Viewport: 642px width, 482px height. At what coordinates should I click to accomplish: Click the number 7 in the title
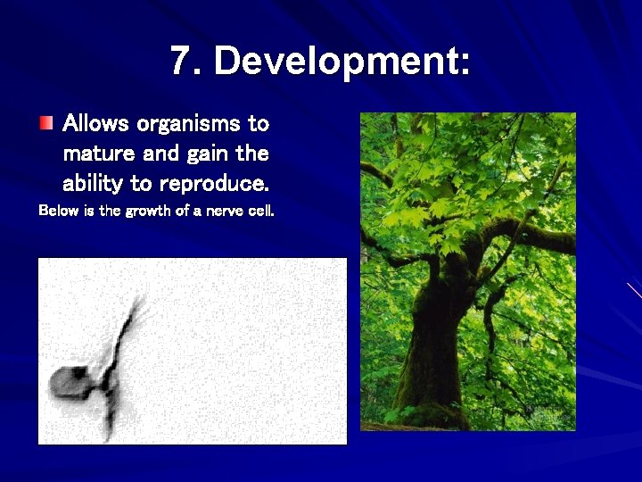(181, 62)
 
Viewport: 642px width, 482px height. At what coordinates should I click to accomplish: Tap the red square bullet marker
(45, 121)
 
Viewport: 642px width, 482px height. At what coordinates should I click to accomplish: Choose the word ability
(94, 185)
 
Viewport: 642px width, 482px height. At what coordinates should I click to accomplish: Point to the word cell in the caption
(260, 212)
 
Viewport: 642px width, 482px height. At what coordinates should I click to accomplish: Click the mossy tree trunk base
(428, 393)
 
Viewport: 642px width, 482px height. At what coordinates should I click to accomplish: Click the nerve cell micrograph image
(192, 351)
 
